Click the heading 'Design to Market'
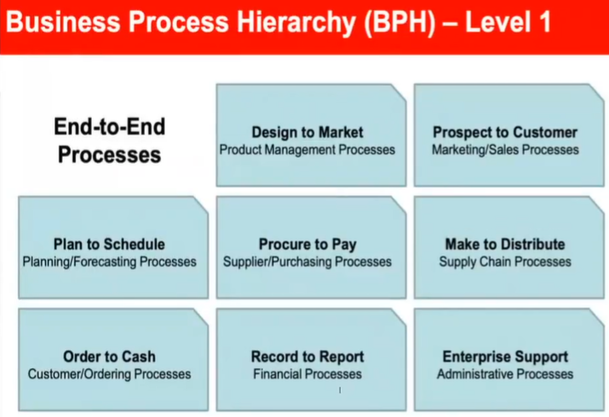tap(307, 132)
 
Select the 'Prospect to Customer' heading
tap(505, 132)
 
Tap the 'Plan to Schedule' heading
tap(109, 244)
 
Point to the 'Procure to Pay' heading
tap(307, 245)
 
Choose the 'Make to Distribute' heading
tap(505, 244)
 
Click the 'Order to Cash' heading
tap(109, 356)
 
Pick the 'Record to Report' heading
tap(307, 356)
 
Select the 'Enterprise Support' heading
tap(505, 357)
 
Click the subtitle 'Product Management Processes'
tap(307, 150)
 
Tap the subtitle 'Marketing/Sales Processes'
tap(505, 150)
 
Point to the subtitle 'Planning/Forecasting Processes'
tap(109, 262)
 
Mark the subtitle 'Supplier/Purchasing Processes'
tap(307, 262)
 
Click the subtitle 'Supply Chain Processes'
tap(505, 262)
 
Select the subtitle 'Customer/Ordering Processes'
tap(109, 374)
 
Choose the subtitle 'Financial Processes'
tap(307, 374)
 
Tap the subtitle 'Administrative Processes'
tap(505, 374)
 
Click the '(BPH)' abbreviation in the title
tap(399, 22)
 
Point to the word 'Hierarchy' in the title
tap(296, 22)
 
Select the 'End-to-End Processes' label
tap(110, 140)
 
